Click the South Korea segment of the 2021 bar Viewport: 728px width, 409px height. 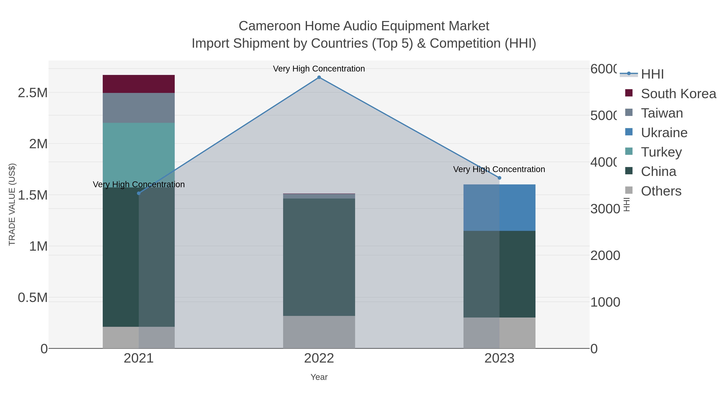click(x=139, y=84)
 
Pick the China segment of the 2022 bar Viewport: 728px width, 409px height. click(x=319, y=257)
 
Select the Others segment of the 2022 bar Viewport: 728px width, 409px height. click(x=319, y=332)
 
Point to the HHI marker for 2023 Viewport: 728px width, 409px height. click(x=499, y=178)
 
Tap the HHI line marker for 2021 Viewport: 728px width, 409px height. click(x=139, y=193)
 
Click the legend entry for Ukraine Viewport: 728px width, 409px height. click(x=664, y=133)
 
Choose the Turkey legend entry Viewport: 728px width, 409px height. click(x=661, y=152)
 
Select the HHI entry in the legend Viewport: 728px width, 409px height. click(x=652, y=74)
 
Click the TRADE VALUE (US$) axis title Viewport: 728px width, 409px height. click(x=12, y=204)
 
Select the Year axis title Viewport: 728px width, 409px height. click(x=319, y=377)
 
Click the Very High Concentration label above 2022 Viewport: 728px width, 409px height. click(x=319, y=69)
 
